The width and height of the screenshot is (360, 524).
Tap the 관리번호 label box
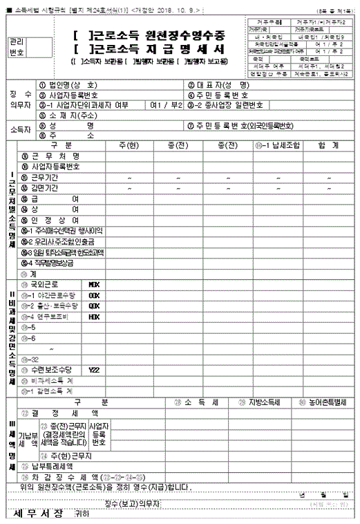[x=17, y=47]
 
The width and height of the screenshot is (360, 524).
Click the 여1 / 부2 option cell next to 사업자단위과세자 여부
[x=166, y=105]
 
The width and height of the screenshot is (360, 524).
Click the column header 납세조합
[x=272, y=144]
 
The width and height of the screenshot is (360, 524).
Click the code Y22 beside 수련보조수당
[x=95, y=370]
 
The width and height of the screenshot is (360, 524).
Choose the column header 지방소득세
[x=260, y=402]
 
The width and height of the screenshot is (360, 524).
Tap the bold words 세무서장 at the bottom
[x=38, y=514]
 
